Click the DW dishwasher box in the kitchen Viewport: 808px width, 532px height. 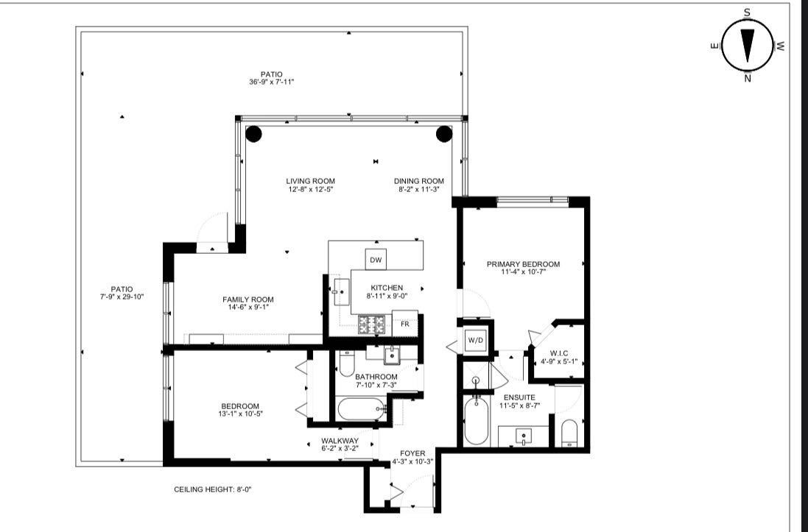tap(376, 260)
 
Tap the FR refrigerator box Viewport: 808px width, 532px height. tap(404, 323)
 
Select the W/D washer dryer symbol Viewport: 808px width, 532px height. tap(473, 341)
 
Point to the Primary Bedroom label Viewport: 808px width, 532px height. tap(523, 264)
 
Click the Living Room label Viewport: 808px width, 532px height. tap(310, 181)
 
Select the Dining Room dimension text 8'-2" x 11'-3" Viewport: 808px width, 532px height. tap(418, 189)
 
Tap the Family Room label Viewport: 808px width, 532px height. tap(248, 299)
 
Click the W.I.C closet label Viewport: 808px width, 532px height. tap(559, 354)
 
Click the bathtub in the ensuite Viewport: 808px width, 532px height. tap(476, 420)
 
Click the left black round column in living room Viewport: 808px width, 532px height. tap(253, 134)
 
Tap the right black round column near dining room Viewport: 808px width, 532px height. tap(444, 134)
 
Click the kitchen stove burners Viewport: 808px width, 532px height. tap(373, 323)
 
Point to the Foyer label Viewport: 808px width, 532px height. tap(412, 453)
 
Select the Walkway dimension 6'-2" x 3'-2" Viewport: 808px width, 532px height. tap(339, 449)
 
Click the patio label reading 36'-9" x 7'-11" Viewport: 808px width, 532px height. tap(271, 82)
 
